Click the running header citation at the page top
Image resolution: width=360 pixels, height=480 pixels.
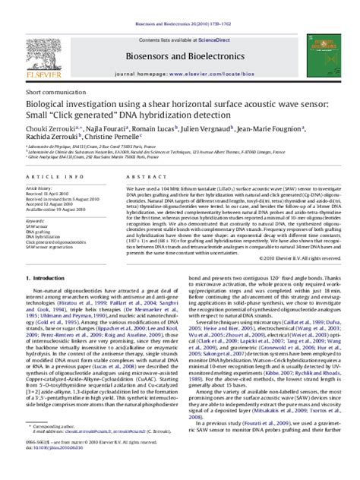click(x=179, y=5)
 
